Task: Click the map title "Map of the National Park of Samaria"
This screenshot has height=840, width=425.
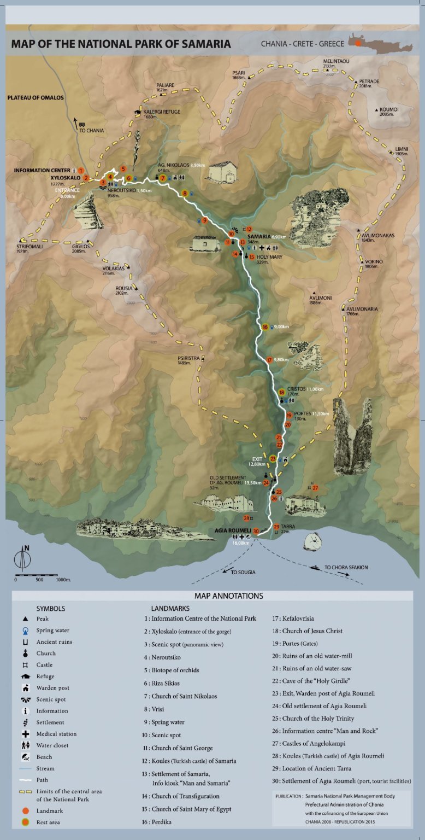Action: click(x=121, y=44)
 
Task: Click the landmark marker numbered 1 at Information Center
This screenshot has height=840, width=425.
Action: click(x=81, y=171)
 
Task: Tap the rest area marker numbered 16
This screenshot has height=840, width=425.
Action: click(x=265, y=327)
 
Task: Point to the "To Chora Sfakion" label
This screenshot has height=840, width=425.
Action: click(x=346, y=568)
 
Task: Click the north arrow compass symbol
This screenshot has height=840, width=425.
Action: click(x=22, y=557)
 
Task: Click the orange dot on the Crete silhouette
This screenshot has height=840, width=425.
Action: click(x=358, y=43)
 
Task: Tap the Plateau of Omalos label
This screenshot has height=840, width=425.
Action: click(x=36, y=98)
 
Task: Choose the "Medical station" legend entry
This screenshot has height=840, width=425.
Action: click(x=56, y=734)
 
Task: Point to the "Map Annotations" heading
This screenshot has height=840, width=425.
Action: click(x=228, y=596)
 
